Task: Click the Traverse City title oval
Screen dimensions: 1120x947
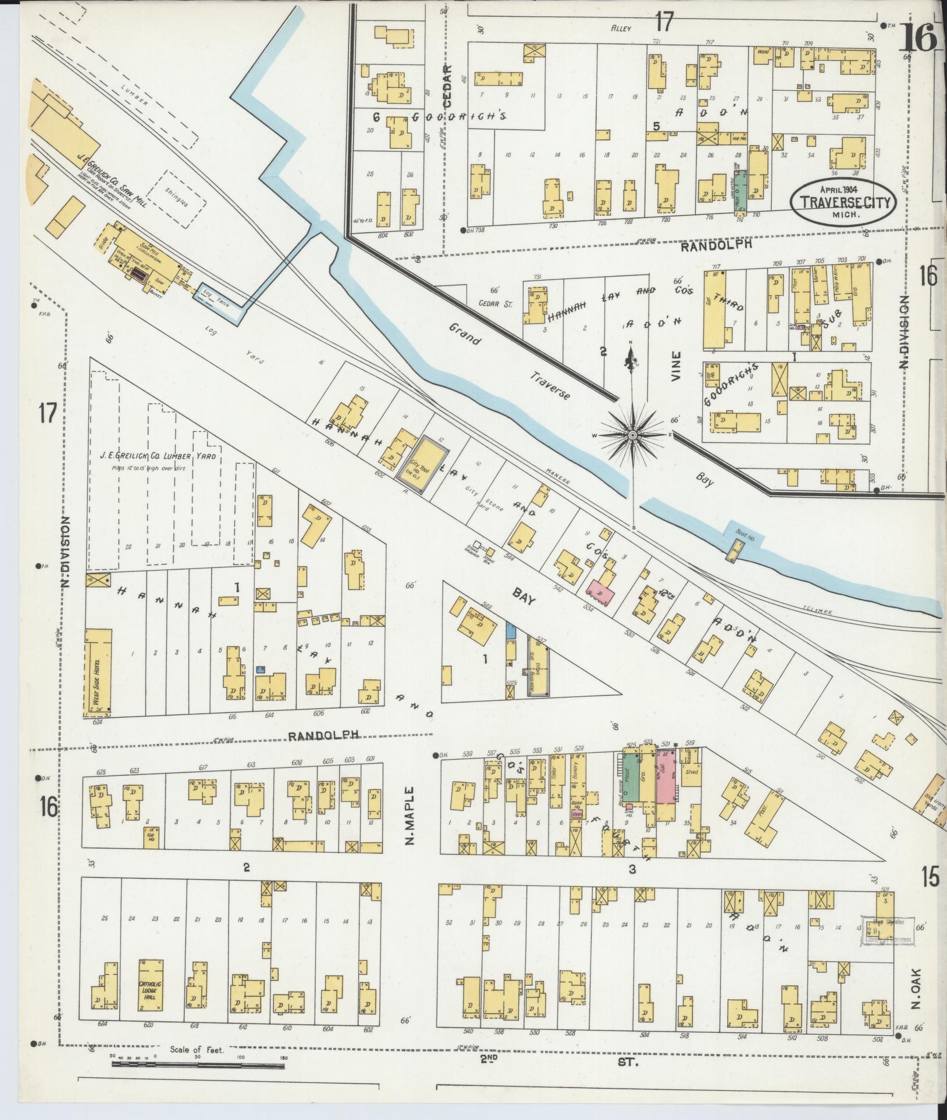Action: [843, 199]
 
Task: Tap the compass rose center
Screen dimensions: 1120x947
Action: [632, 434]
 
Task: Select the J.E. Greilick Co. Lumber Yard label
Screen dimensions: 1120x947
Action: [158, 456]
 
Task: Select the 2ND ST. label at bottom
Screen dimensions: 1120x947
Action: [559, 1061]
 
